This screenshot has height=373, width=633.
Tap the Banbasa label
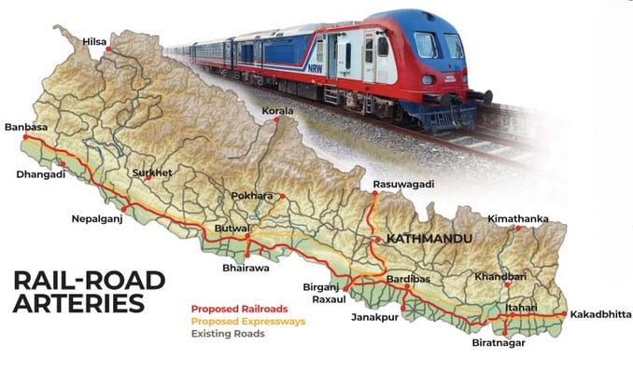pyautogui.click(x=26, y=127)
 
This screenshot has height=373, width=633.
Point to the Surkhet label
pyautogui.click(x=153, y=173)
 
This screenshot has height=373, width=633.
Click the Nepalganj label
pyautogui.click(x=98, y=220)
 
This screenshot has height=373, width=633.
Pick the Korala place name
pyautogui.click(x=278, y=111)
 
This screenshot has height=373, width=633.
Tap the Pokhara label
pyautogui.click(x=252, y=196)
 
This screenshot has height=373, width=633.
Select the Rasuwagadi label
pyautogui.click(x=403, y=185)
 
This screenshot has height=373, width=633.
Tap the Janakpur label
pyautogui.click(x=374, y=318)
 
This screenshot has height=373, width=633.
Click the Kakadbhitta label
pyautogui.click(x=600, y=313)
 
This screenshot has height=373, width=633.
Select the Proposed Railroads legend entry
pyautogui.click(x=239, y=309)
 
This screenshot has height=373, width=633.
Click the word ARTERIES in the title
pyautogui.click(x=79, y=304)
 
